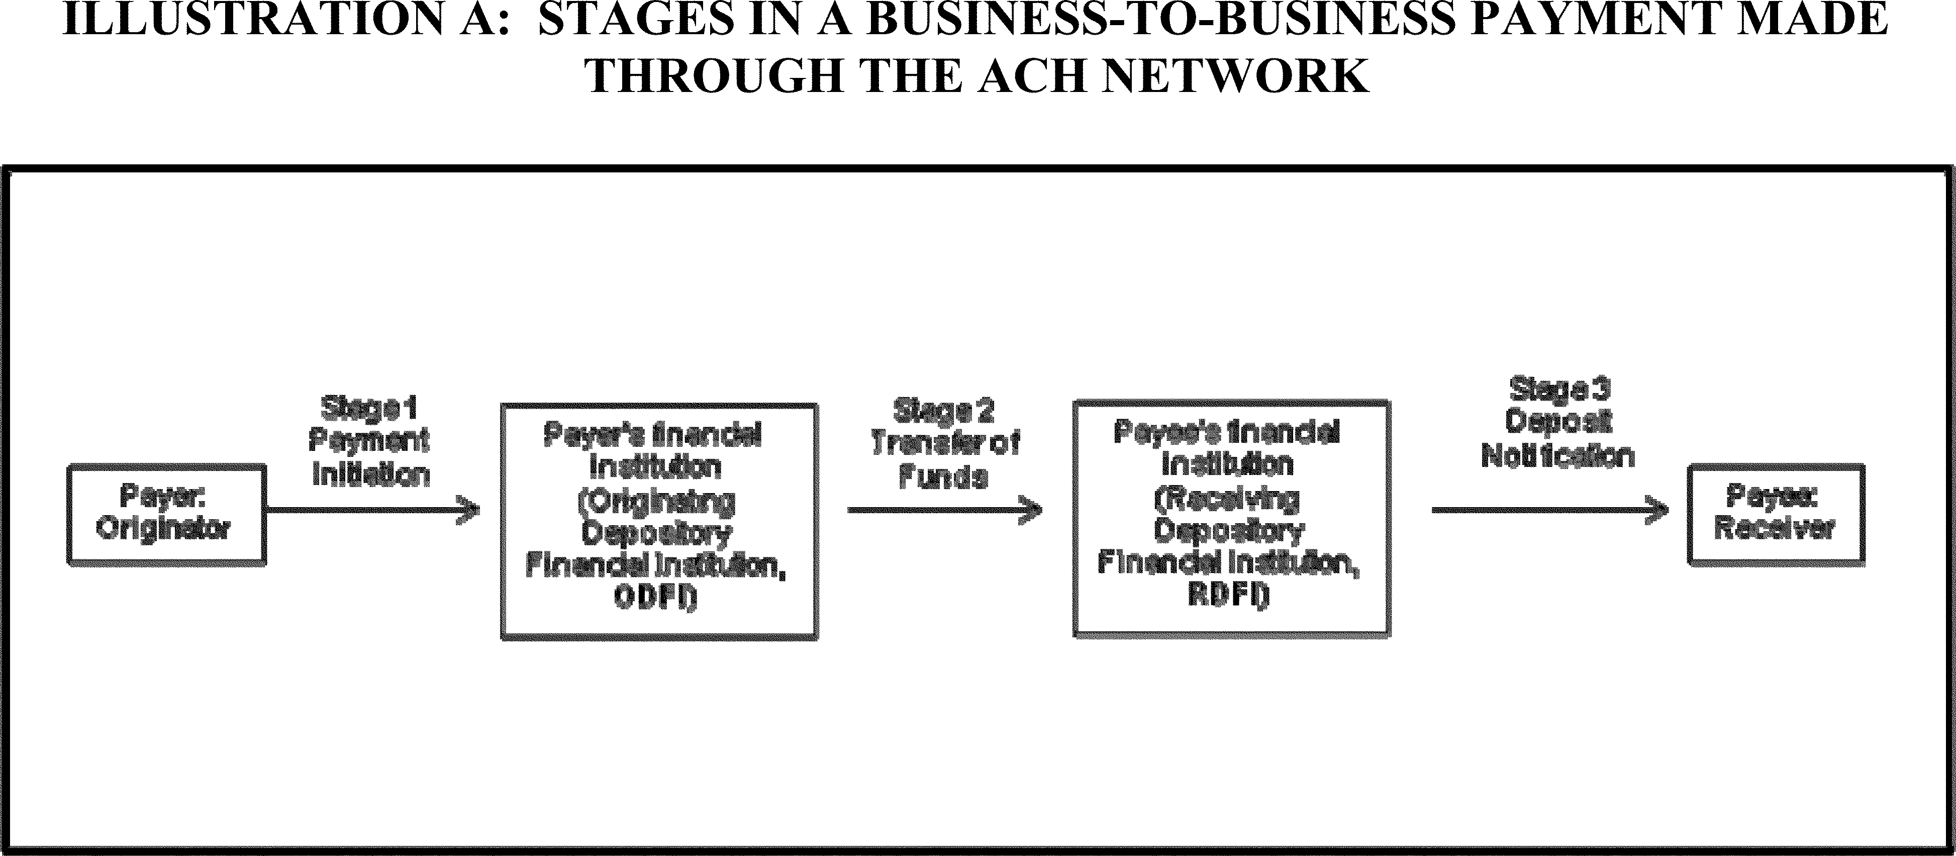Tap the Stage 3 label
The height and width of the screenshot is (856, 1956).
click(1558, 389)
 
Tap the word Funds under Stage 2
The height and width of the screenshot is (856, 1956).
click(942, 477)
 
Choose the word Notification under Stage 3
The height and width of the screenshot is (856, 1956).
click(1558, 456)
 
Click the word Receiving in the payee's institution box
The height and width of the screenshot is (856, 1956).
click(1228, 499)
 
